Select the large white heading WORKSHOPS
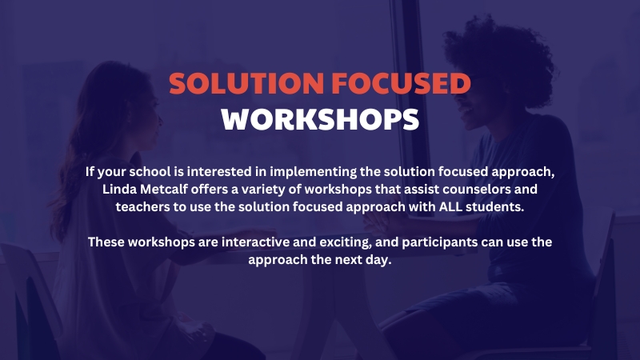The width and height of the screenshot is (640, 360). point(320,119)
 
